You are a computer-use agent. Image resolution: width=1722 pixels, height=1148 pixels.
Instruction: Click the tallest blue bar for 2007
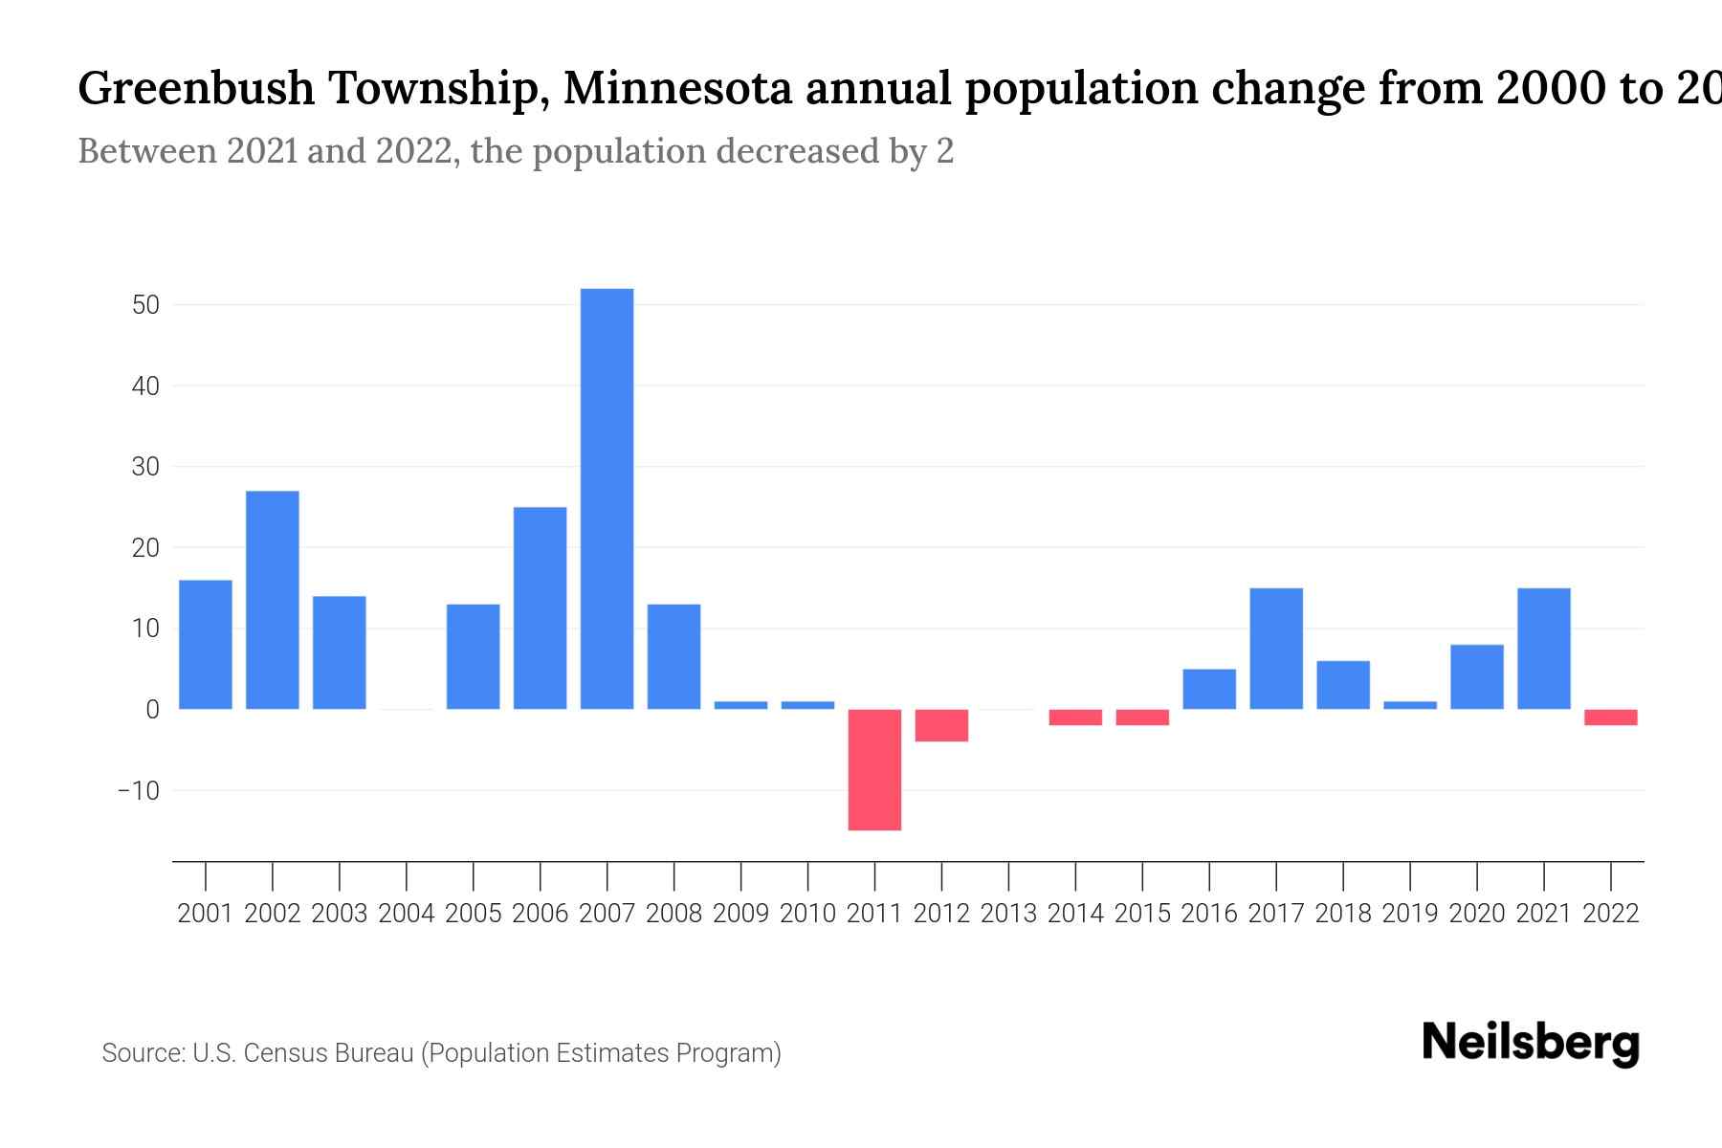[x=607, y=498]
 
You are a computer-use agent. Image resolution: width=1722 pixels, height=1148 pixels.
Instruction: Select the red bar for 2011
[x=874, y=769]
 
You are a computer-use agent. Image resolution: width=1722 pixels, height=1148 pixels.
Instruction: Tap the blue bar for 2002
[x=273, y=600]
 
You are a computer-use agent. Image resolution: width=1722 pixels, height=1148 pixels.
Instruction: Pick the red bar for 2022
[x=1611, y=717]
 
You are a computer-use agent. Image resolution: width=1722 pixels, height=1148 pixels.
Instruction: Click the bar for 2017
[x=1276, y=649]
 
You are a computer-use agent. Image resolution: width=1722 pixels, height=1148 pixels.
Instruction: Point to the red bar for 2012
[x=941, y=725]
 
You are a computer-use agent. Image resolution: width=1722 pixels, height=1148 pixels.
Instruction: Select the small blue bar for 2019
[x=1410, y=705]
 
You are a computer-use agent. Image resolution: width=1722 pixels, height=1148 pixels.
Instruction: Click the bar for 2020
[x=1477, y=676]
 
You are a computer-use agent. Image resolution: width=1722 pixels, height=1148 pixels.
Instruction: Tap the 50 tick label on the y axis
[x=145, y=305]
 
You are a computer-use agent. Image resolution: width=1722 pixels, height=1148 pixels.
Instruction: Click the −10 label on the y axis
[x=138, y=791]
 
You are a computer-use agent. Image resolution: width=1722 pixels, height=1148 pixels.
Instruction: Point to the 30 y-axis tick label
[x=145, y=467]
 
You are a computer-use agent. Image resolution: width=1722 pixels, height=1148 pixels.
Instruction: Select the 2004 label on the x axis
[x=406, y=914]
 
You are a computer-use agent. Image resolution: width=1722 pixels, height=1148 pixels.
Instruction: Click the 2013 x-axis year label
[x=1008, y=914]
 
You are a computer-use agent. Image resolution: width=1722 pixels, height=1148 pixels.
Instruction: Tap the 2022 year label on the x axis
[x=1611, y=914]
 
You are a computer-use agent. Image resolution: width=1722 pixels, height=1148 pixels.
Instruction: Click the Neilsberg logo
[x=1531, y=1043]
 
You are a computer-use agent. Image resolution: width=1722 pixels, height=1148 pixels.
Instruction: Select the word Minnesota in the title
[x=677, y=89]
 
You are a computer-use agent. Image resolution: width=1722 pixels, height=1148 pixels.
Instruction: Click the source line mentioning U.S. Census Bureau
[x=441, y=1053]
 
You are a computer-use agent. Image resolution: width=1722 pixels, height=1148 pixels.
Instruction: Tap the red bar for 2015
[x=1142, y=717]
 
